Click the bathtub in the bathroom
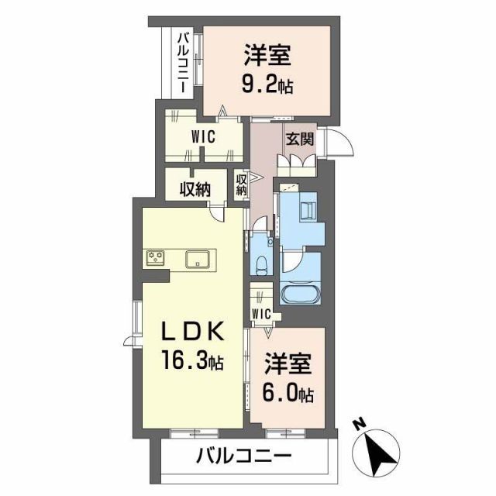tap(298, 295)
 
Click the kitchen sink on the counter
tap(197, 260)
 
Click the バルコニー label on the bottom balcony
tap(243, 455)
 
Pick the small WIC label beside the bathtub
tap(260, 314)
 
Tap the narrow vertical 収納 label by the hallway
tap(241, 184)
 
